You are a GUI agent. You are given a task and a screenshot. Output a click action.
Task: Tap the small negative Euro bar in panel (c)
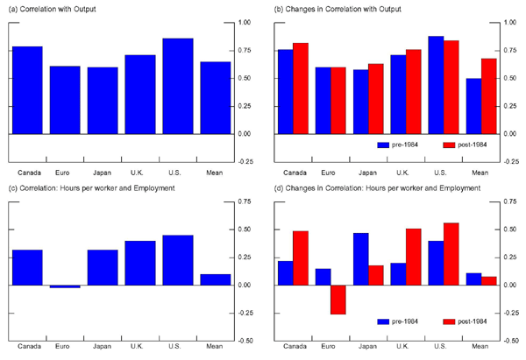[65, 286]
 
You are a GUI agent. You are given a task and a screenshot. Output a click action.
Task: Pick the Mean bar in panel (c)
[216, 279]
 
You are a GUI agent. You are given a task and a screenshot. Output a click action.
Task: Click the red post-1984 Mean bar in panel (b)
[488, 96]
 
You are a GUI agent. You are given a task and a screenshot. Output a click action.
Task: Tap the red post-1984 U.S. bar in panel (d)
[451, 254]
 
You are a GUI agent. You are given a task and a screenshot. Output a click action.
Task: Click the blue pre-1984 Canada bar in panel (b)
[286, 92]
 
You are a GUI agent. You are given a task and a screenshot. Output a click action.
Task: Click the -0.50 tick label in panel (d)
[513, 341]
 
